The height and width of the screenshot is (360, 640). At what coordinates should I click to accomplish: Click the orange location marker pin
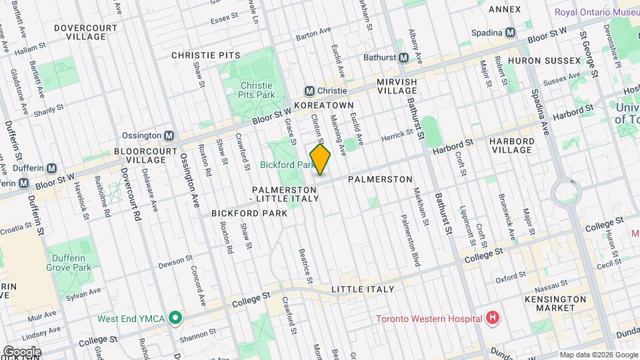(x=320, y=160)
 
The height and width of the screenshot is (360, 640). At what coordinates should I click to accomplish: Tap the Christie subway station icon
(x=309, y=91)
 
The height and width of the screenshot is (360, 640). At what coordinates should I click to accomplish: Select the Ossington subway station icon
(x=169, y=135)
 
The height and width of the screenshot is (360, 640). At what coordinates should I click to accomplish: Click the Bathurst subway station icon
(x=403, y=58)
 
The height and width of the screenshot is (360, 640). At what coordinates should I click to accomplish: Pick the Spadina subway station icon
(x=511, y=33)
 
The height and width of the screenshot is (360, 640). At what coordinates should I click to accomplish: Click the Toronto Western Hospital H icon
(x=493, y=318)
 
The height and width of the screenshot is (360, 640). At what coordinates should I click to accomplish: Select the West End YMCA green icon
(x=175, y=318)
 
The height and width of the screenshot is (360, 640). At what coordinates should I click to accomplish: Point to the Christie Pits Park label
(x=257, y=91)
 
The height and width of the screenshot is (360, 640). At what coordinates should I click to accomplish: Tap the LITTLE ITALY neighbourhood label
(x=363, y=289)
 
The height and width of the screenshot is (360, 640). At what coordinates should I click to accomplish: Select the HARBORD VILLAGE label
(x=511, y=145)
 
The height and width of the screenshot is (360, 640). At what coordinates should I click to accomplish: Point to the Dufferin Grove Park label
(x=69, y=262)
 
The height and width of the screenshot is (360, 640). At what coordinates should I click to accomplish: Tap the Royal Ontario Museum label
(x=597, y=13)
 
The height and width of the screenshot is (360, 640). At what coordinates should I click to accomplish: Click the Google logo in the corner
(x=21, y=351)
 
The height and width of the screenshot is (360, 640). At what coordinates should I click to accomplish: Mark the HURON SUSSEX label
(x=544, y=61)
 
